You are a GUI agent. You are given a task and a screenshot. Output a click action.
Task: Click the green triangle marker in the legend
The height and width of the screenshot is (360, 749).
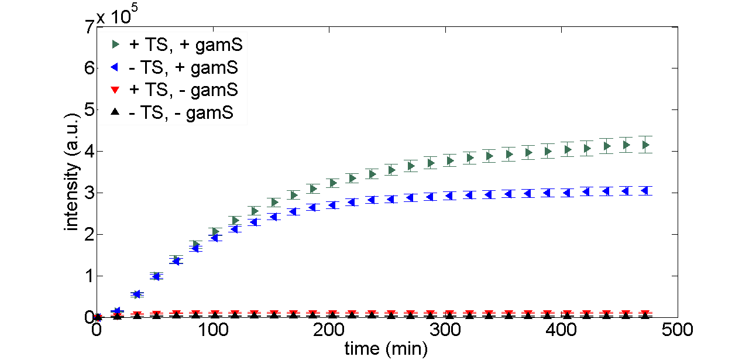[115, 44]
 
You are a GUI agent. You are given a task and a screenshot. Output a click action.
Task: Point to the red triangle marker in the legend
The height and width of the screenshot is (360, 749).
[115, 90]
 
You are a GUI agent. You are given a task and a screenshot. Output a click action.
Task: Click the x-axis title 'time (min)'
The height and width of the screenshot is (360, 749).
[386, 349]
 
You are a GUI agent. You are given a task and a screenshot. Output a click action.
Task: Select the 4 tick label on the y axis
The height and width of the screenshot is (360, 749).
[89, 152]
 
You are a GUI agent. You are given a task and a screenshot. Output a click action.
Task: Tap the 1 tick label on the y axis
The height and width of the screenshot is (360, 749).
[89, 276]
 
